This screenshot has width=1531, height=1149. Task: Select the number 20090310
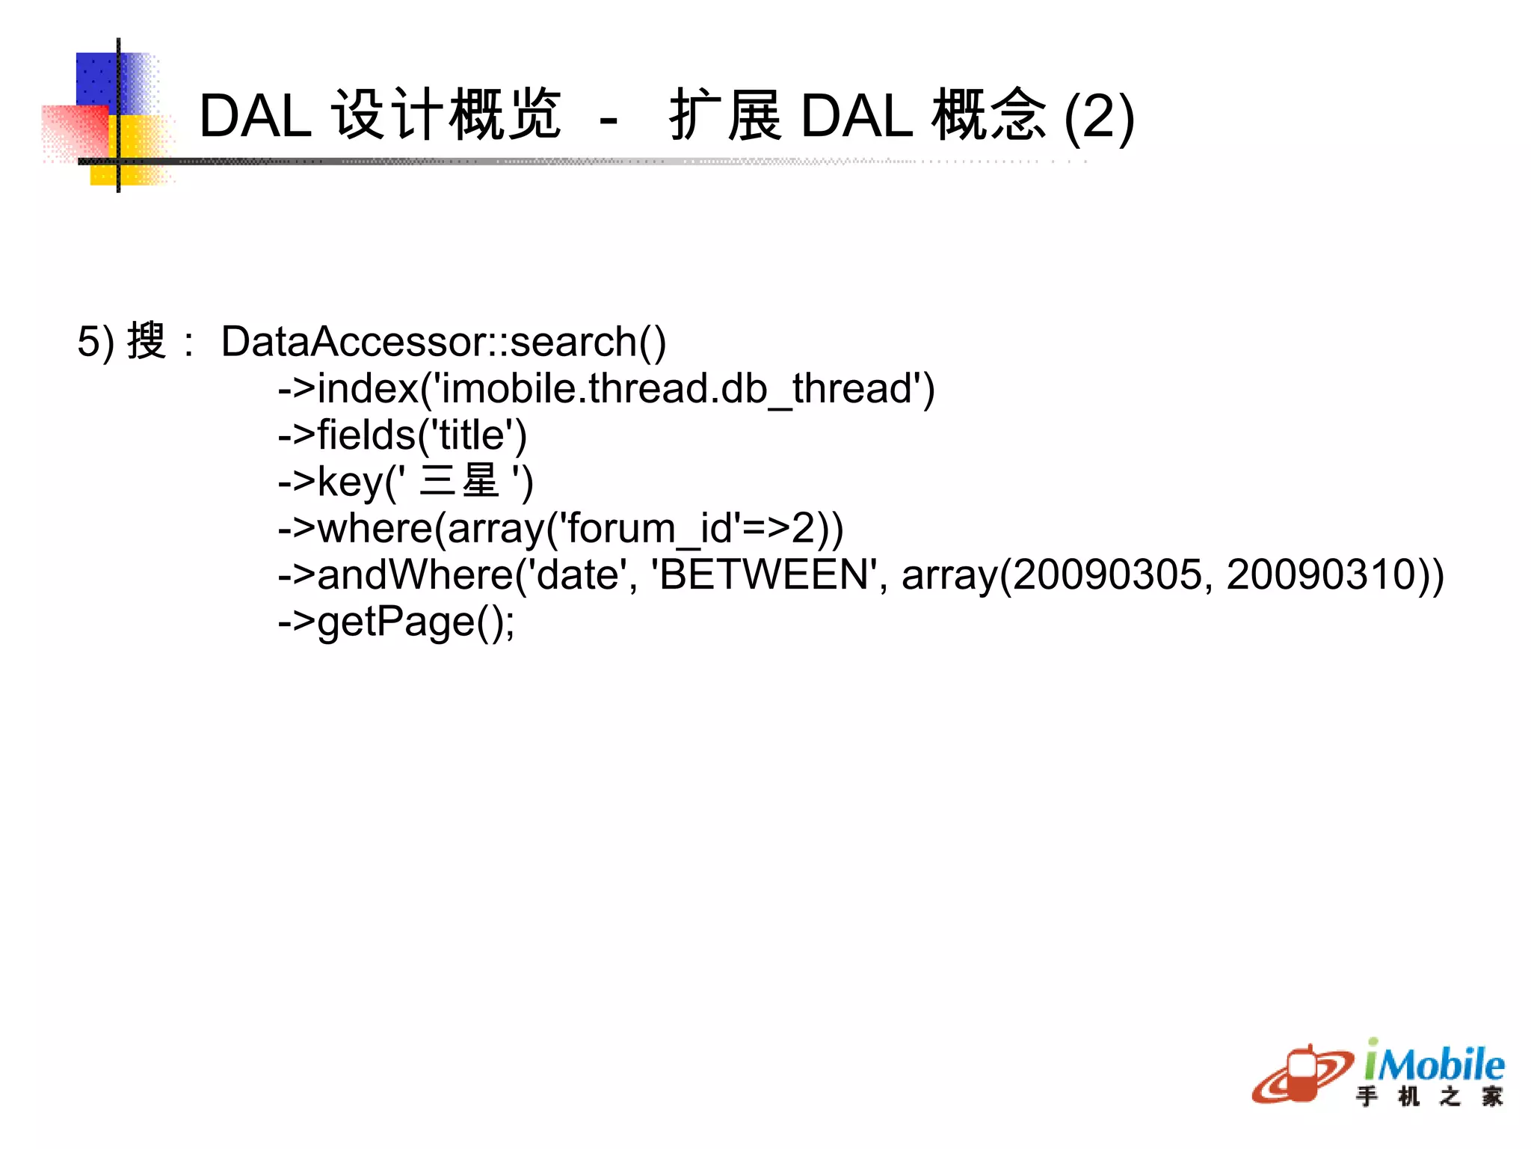tap(1321, 575)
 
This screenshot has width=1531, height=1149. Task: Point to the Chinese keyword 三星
tap(459, 481)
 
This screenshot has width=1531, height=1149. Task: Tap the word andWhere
tap(416, 575)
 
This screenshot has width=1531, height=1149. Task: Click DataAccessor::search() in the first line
tap(443, 342)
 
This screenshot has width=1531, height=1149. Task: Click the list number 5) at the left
tap(96, 342)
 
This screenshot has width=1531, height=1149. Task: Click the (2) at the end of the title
tap(1099, 117)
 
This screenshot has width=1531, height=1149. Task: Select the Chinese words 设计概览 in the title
tap(446, 115)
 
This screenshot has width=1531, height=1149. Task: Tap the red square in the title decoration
tap(75, 131)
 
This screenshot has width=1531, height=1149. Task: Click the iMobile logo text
tap(1434, 1064)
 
